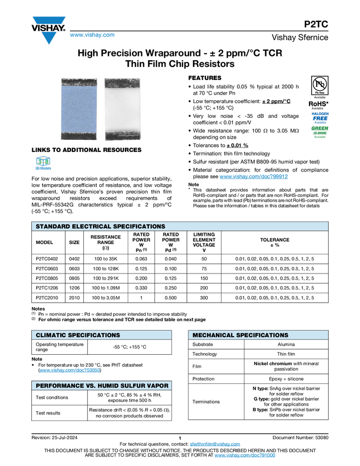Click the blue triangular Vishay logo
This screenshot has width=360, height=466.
(49, 37)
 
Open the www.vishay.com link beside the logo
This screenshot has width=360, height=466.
(92, 36)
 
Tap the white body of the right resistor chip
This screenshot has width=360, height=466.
(123, 109)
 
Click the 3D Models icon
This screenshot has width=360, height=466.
(43, 164)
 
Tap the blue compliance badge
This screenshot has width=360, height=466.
(320, 117)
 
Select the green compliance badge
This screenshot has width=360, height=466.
(319, 132)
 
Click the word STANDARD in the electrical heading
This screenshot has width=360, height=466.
(54, 226)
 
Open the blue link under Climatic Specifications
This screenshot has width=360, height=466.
(70, 371)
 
